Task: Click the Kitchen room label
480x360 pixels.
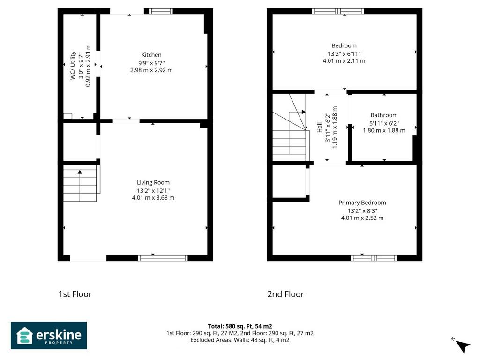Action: (x=151, y=55)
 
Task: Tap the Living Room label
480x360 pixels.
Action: (x=153, y=182)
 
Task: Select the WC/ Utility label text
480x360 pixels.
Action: (x=73, y=66)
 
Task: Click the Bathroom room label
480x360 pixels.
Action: (x=384, y=115)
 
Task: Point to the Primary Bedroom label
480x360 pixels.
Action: (x=362, y=202)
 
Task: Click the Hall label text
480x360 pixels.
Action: (x=320, y=127)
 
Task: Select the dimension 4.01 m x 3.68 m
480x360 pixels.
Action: (x=153, y=198)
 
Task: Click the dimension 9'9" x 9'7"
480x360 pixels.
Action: (x=151, y=63)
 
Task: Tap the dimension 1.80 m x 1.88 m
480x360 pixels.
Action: (x=384, y=130)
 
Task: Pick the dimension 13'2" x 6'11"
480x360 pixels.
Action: (x=344, y=54)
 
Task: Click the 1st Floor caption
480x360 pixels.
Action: (x=75, y=294)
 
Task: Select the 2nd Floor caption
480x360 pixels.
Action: (x=285, y=294)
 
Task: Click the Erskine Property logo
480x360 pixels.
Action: (x=49, y=335)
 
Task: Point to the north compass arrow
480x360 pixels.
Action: (x=463, y=346)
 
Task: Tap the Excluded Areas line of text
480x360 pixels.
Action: (x=240, y=340)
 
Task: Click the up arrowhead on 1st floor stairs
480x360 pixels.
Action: (x=80, y=172)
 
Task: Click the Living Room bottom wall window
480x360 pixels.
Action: (x=163, y=258)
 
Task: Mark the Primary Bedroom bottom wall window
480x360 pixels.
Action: (x=374, y=258)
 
